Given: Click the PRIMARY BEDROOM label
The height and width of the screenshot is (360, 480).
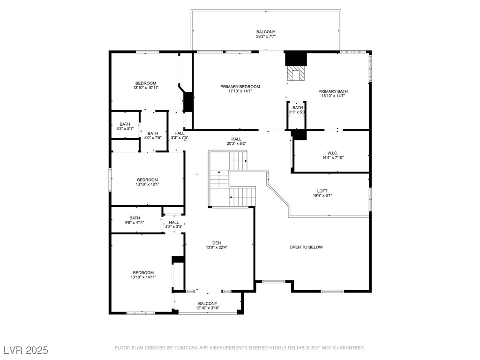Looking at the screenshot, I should [x=240, y=87].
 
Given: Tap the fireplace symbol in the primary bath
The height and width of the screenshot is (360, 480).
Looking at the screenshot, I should [x=296, y=74].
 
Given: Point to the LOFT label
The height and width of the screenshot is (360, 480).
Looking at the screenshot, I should [x=322, y=191].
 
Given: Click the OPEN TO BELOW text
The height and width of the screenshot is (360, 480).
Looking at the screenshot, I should [x=306, y=247].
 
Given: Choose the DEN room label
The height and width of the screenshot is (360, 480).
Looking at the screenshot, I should [x=216, y=243].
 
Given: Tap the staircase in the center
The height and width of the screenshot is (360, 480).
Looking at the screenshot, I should [x=232, y=180].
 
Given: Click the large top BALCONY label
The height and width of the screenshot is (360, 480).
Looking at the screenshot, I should [x=266, y=31].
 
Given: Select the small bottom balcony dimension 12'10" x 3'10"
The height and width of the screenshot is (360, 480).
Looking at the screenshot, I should [x=208, y=308].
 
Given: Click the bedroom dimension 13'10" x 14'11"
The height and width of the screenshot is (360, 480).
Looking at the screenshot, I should [x=143, y=277].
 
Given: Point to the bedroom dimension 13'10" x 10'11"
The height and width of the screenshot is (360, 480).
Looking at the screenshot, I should [x=146, y=88].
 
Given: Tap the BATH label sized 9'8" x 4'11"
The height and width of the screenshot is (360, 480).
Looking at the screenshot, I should [x=135, y=218].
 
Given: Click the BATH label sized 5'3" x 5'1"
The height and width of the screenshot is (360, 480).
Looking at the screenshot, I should [x=125, y=124].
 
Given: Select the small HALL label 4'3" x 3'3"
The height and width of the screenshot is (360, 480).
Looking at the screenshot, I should [x=174, y=223].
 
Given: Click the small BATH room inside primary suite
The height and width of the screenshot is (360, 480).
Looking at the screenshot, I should [x=298, y=108].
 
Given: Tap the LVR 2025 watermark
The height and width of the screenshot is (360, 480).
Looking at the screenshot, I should [x=26, y=350].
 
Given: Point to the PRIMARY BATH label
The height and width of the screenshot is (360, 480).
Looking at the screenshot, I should [x=333, y=91].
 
